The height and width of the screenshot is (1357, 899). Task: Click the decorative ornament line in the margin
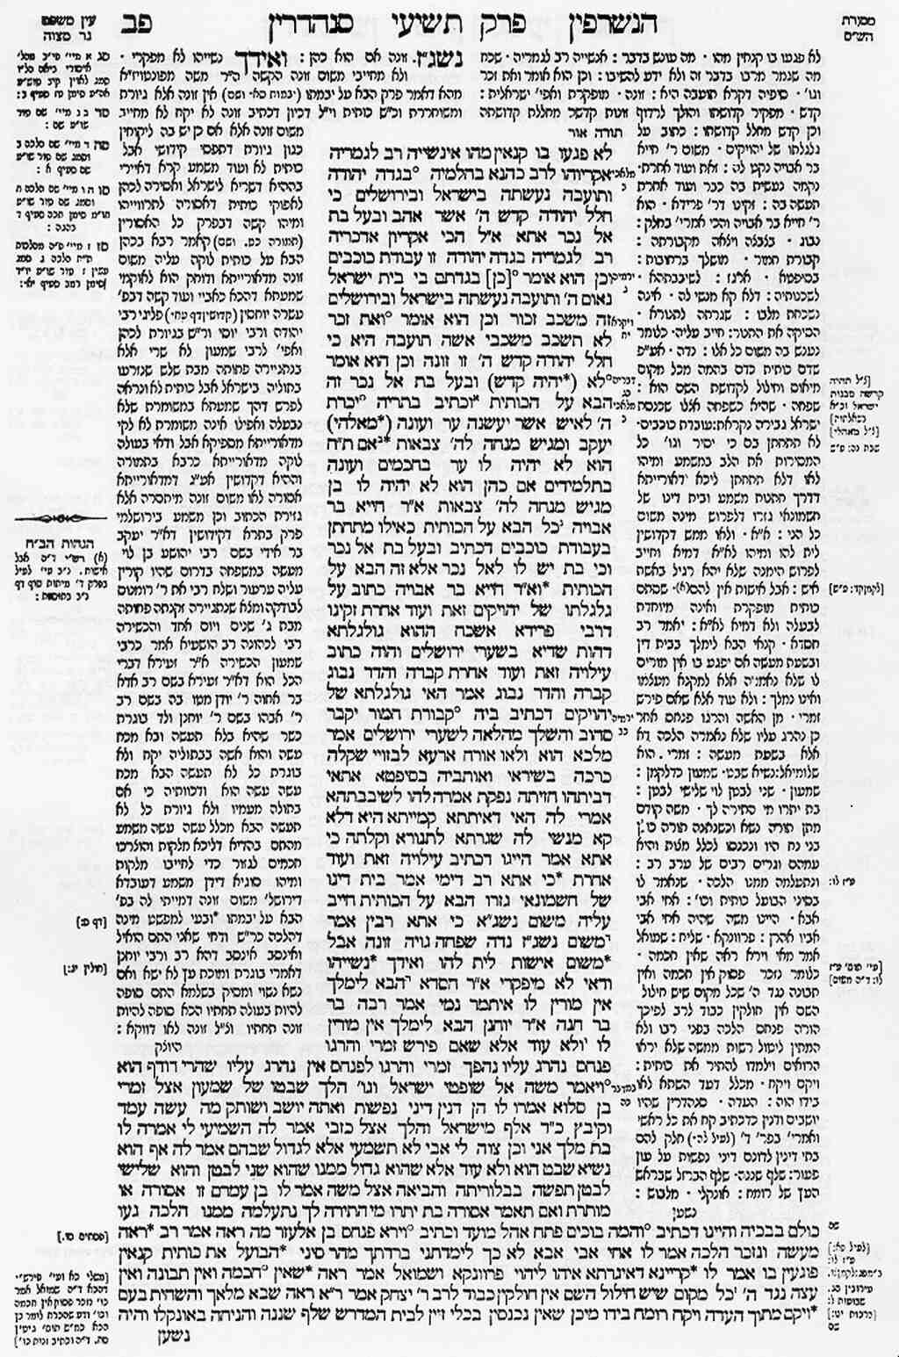pos(58,519)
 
